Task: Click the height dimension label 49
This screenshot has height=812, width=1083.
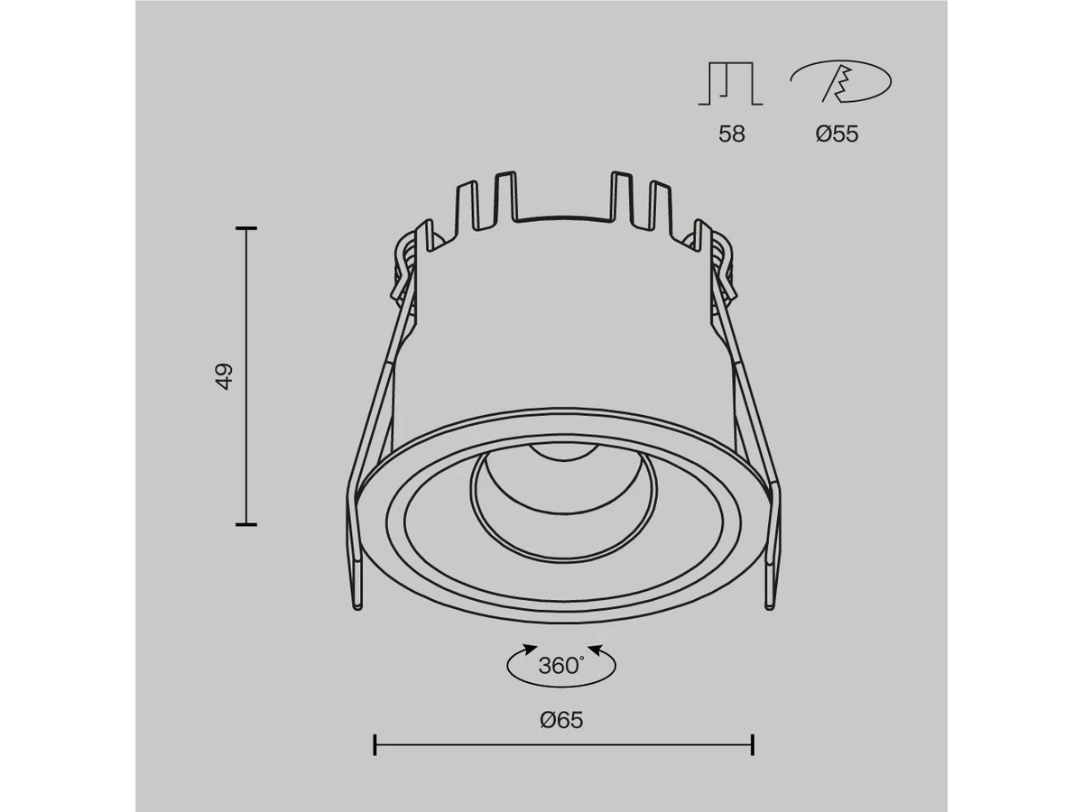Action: [x=224, y=376]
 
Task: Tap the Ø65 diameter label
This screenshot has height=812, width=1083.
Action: [x=561, y=720]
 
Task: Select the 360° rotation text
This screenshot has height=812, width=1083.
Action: [x=561, y=666]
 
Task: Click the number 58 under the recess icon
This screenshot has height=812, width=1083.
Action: [x=731, y=134]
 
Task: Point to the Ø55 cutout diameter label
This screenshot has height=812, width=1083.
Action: [x=837, y=134]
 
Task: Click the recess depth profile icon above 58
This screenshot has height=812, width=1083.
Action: [x=730, y=83]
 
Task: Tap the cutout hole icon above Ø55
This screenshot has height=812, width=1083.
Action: [x=841, y=81]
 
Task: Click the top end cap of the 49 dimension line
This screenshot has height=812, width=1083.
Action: [x=246, y=228]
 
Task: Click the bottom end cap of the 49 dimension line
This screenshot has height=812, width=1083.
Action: [x=246, y=524]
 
